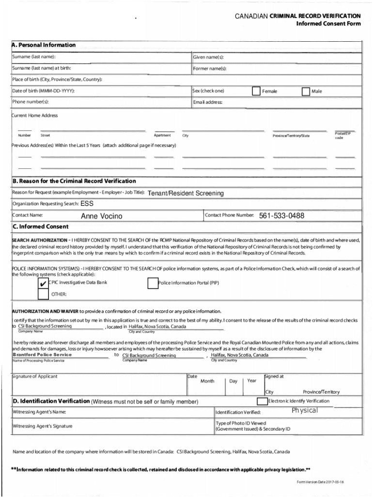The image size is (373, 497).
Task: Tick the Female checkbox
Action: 256,91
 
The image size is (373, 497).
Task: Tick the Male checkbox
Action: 306,91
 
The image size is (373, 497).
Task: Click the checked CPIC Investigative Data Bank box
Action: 43,283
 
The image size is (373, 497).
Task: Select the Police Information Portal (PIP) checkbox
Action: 153,283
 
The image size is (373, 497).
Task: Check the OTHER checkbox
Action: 43,294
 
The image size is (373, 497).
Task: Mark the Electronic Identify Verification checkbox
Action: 262,401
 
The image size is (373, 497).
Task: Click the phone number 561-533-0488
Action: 281,215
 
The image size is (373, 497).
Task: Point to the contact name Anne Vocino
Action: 101,216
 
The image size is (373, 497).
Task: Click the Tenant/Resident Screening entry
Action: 186,193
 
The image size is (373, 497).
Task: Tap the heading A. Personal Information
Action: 44,45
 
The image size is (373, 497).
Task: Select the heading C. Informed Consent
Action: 41,227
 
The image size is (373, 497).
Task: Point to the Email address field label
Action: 207,102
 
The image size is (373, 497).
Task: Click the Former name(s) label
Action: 210,68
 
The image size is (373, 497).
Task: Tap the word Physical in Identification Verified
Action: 305,411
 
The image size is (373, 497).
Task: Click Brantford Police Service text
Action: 42,355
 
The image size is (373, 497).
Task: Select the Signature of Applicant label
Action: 35,377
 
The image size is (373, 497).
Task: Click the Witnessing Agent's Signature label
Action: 43,426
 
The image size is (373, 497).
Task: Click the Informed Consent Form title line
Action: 328,24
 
